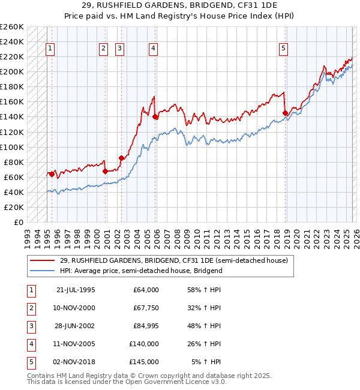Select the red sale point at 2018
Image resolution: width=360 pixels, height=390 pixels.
tap(285, 113)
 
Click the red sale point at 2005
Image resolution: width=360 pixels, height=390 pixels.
tap(155, 116)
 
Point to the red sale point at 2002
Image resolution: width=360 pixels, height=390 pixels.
tap(121, 158)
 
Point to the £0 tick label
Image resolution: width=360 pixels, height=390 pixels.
tap(17, 222)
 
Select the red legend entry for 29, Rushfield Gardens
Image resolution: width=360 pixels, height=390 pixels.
tap(174, 260)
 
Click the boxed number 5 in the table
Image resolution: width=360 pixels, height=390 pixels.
tap(30, 362)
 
